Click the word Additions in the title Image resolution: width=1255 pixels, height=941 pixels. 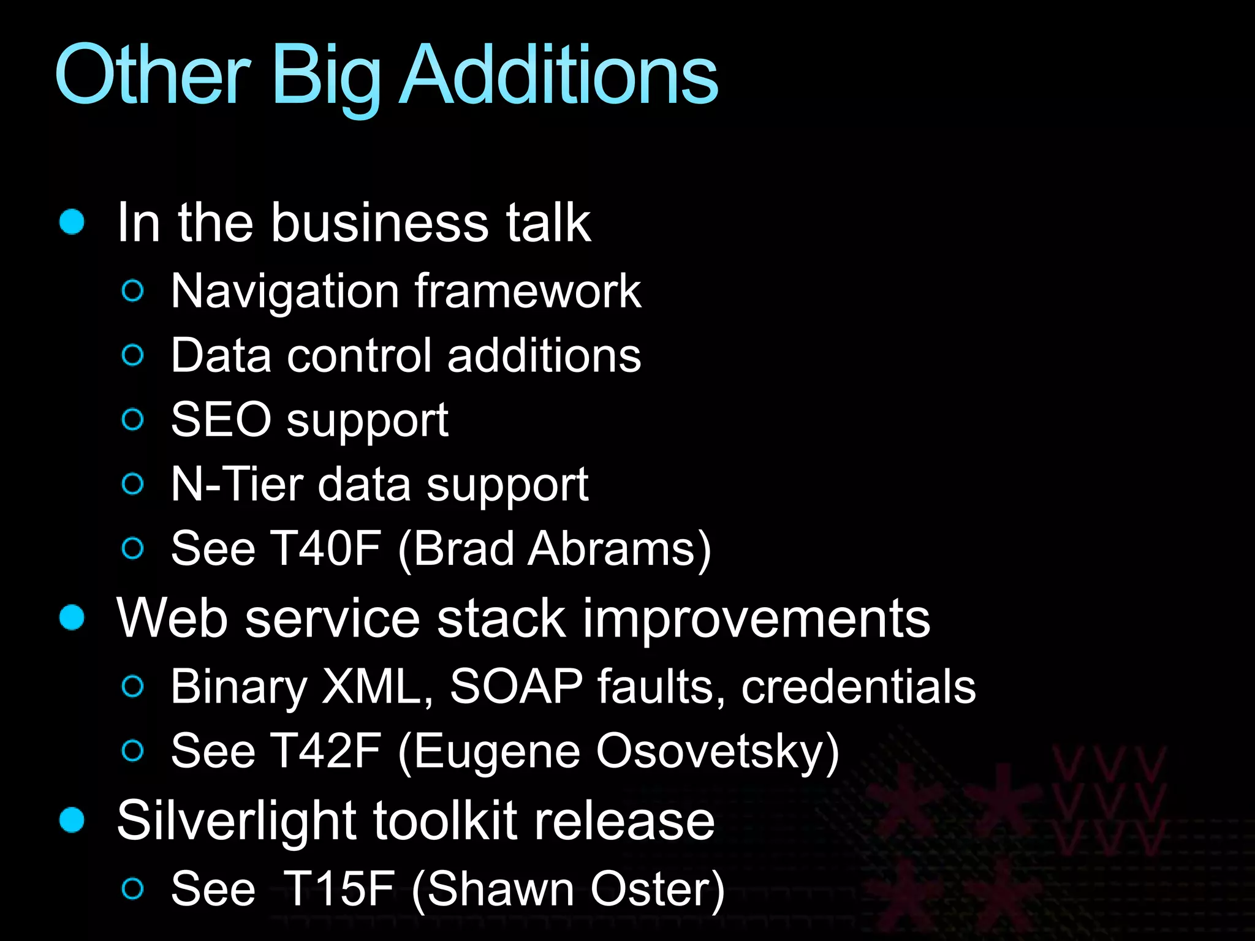[x=559, y=75]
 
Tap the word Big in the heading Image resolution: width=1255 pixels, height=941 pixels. [x=326, y=77]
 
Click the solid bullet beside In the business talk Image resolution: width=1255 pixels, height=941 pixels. [x=72, y=221]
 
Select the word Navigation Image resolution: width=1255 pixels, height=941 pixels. [x=285, y=292]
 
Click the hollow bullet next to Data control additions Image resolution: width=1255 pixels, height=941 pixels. [x=133, y=355]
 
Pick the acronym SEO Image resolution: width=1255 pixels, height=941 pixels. [x=221, y=420]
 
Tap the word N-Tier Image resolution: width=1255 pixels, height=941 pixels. [x=237, y=484]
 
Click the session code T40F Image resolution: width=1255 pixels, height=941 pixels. [x=326, y=548]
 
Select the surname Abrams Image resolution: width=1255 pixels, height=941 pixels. [x=619, y=549]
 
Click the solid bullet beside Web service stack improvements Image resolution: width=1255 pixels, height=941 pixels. [x=72, y=617]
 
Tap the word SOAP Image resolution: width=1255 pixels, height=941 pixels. [x=516, y=686]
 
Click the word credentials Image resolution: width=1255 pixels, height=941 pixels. [x=859, y=686]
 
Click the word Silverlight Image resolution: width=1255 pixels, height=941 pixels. [x=237, y=821]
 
